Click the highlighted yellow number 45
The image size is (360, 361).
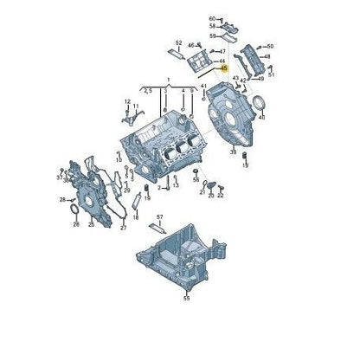[x=223, y=68]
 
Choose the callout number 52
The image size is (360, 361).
[x=178, y=42]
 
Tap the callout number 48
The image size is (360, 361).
[x=267, y=57]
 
